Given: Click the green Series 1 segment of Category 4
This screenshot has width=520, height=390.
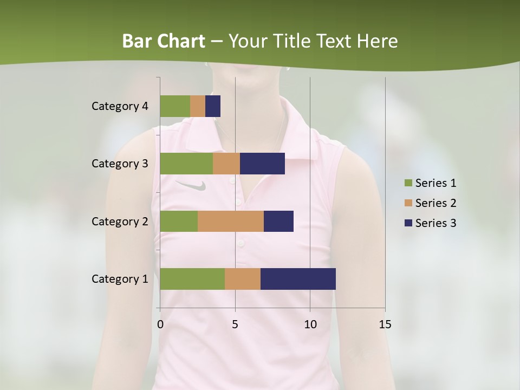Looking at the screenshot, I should coord(175,106).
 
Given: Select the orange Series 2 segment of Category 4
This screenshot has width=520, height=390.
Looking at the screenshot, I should coord(198,106).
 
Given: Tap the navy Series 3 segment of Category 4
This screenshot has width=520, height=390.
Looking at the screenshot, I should coord(213,106).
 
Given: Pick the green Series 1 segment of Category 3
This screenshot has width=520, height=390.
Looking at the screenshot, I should coord(186,164).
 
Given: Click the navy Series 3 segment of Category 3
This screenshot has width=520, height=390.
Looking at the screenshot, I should coord(262,164).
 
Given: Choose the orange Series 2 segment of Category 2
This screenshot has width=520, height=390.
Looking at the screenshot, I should coord(231,221).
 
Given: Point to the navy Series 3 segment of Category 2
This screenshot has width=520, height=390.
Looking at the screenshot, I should coord(278,221).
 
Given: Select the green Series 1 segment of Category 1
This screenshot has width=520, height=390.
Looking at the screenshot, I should coord(192,279).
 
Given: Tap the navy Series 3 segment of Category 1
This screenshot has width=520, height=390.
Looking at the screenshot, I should coord(298,279).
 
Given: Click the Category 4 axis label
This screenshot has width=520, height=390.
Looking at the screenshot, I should coord(120,106).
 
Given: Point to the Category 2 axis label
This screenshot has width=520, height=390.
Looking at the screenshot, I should coord(120,221).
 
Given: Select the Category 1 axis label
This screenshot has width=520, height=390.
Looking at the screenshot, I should coord(120,279).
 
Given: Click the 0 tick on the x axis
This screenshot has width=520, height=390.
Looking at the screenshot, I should coord(160,324).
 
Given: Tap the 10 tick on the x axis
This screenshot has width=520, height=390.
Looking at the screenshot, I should coord(310,324).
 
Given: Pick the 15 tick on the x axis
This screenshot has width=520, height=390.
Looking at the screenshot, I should coord(385,324).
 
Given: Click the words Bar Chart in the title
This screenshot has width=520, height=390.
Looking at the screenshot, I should coord(164,41).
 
